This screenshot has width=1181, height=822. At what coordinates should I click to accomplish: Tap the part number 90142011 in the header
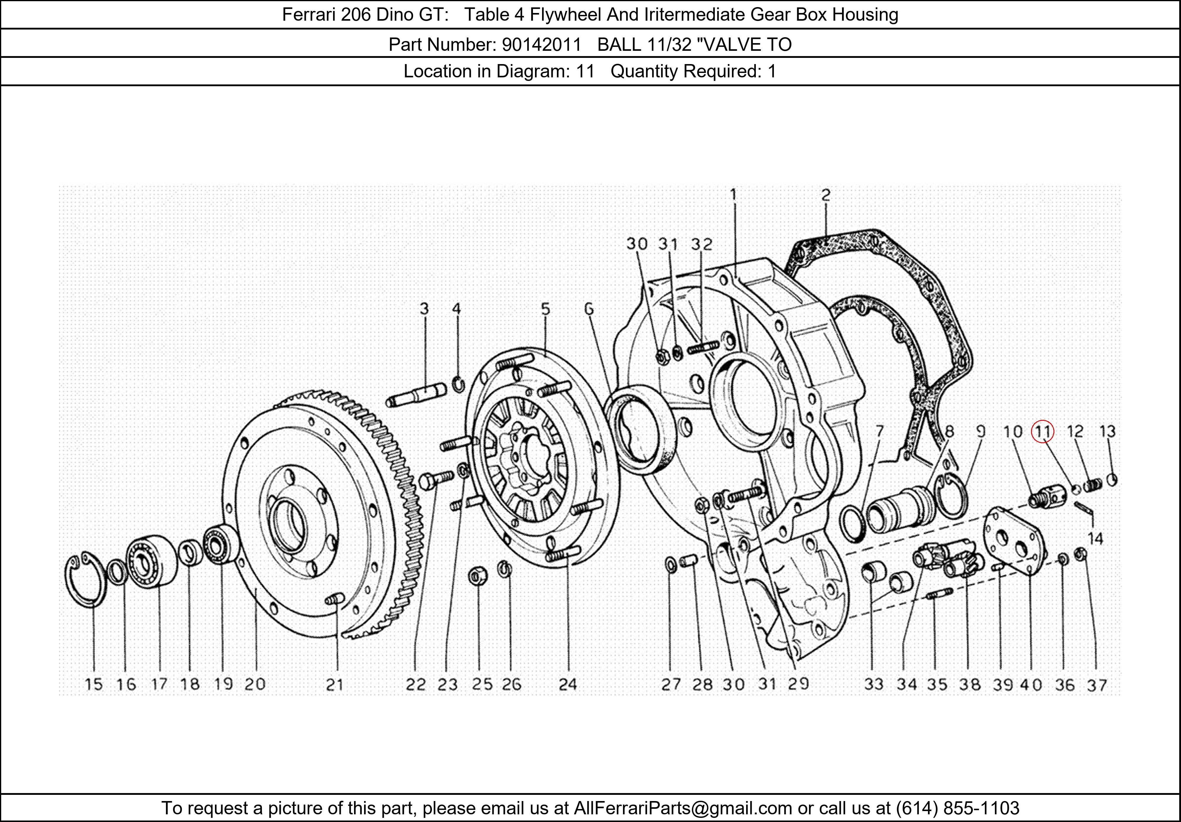coord(541,45)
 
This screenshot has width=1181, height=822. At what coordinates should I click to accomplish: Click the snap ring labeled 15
coord(85,580)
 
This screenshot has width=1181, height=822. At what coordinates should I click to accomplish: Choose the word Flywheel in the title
coord(566,14)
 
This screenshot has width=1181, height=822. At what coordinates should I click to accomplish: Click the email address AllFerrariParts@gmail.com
coord(683,808)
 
